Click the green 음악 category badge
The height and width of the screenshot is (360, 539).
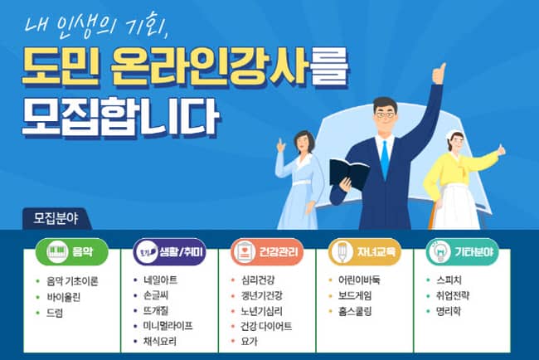click(x=72, y=251)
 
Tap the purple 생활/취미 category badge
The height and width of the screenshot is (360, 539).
click(x=169, y=251)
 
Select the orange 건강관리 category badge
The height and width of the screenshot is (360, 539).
click(x=267, y=251)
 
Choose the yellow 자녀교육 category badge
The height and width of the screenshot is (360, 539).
click(x=365, y=251)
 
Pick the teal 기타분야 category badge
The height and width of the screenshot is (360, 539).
click(x=463, y=251)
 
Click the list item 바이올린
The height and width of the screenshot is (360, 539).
click(x=64, y=297)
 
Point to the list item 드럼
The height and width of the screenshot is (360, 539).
click(x=55, y=313)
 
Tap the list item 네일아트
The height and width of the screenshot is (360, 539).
click(x=161, y=280)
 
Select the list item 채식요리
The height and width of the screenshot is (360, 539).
click(x=160, y=341)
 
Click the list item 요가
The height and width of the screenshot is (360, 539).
click(x=250, y=341)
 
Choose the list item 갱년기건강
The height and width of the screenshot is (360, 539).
click(x=262, y=295)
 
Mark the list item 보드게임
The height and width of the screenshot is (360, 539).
click(x=355, y=295)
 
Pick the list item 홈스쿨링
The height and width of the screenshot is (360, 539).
click(x=355, y=312)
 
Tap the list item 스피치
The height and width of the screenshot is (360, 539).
click(x=449, y=280)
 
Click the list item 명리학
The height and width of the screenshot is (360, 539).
click(x=449, y=312)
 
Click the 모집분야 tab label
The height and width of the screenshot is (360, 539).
click(x=56, y=219)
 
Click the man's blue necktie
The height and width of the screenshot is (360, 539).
click(x=386, y=159)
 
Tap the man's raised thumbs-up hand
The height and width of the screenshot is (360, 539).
click(x=439, y=73)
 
